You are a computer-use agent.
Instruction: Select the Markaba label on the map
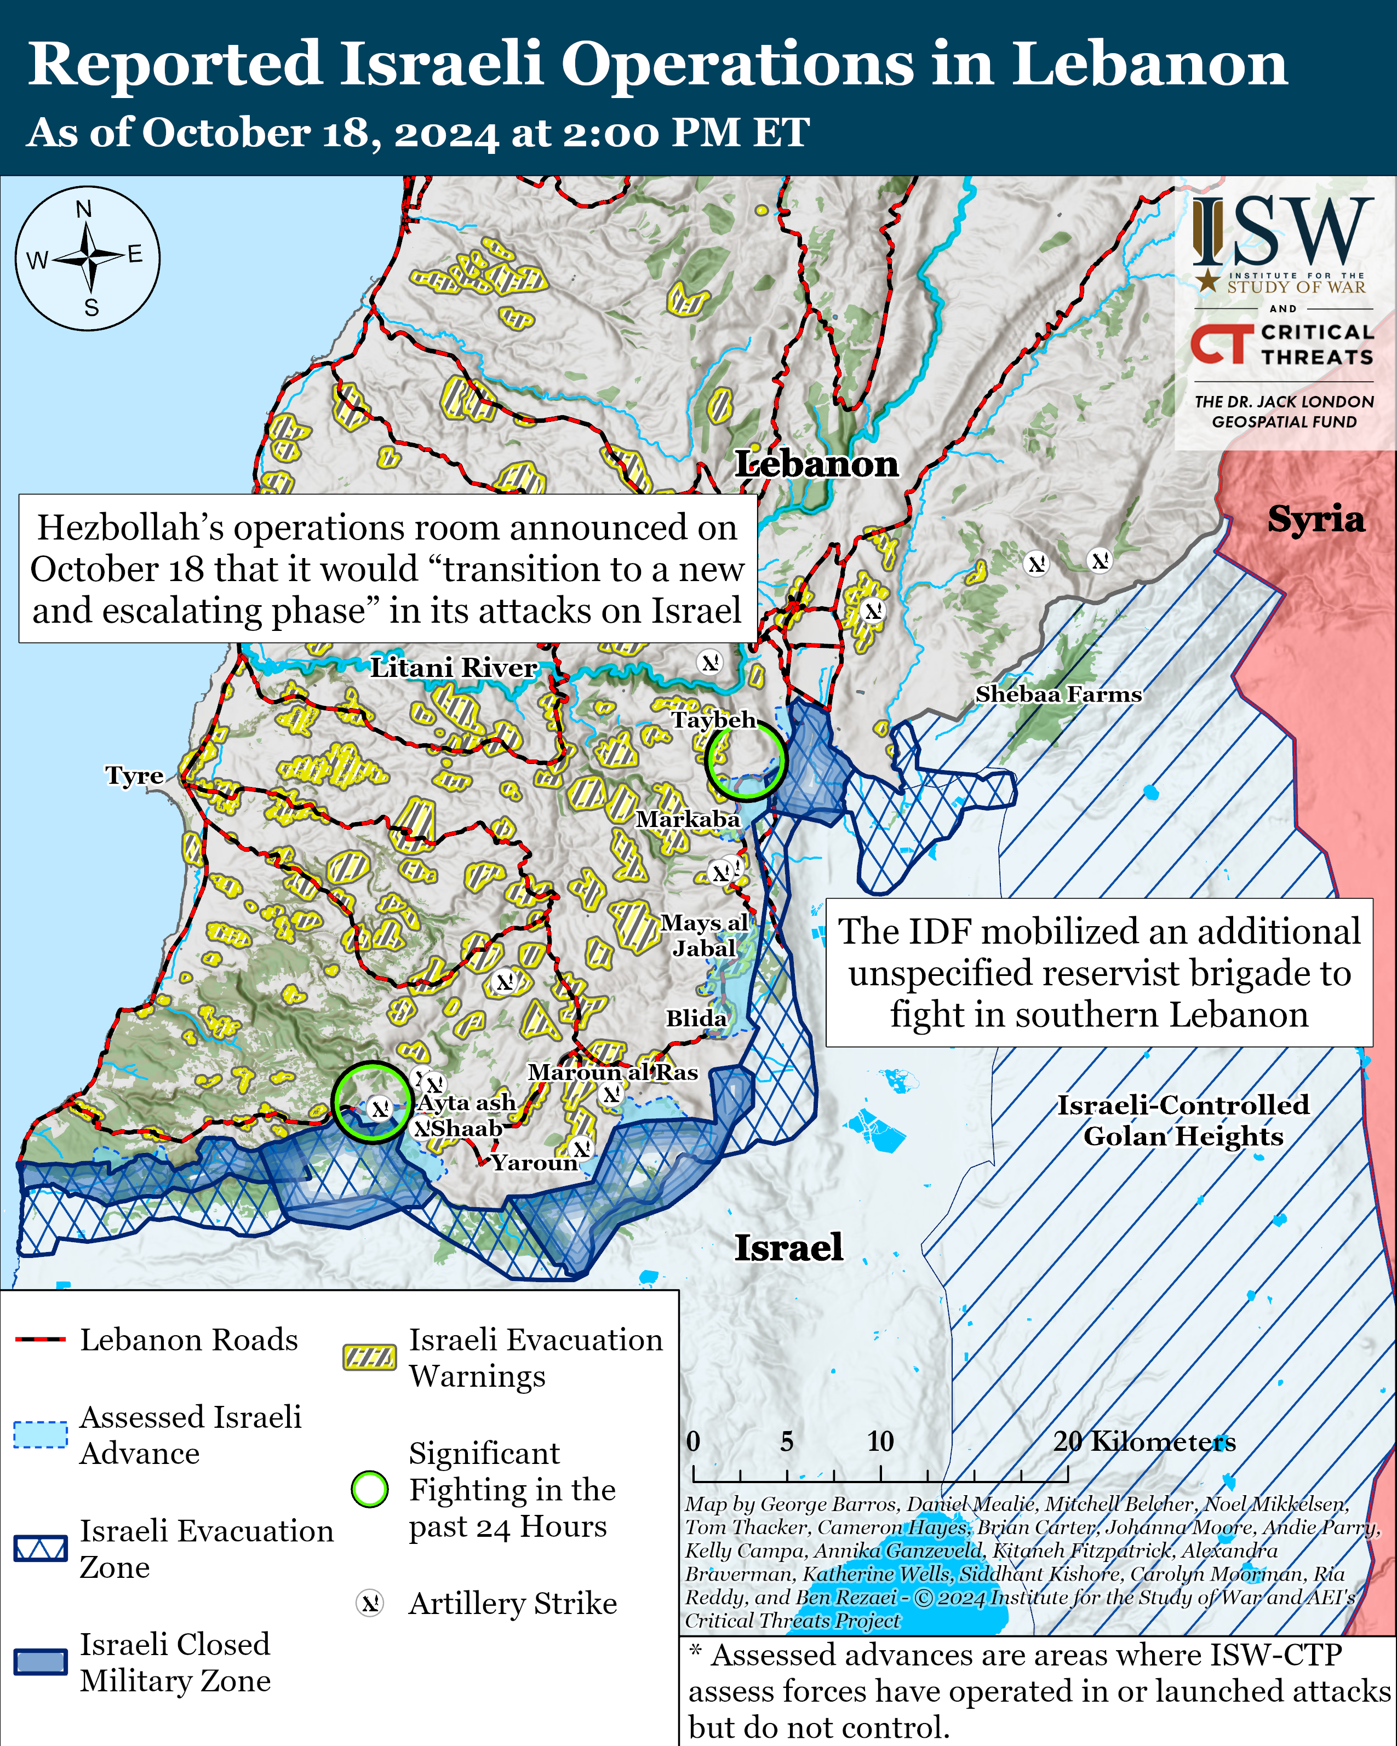688,819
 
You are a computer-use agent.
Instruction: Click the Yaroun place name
535,1162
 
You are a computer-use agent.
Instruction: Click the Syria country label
1315,519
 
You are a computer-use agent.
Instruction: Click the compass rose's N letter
84,210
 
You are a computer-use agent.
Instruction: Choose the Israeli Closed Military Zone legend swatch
41,1661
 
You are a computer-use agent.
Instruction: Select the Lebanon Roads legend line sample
41,1340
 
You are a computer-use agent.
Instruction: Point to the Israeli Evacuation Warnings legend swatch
370,1357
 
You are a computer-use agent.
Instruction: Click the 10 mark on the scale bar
880,1441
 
